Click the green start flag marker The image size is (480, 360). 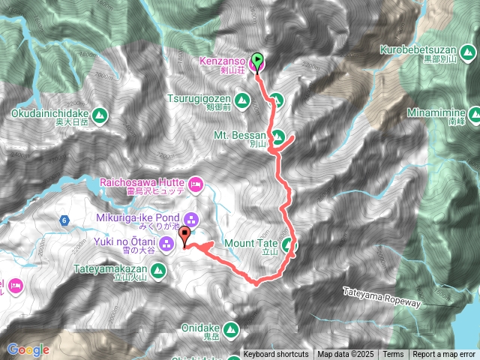(x=257, y=58)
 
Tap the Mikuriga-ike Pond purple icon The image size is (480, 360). (x=191, y=220)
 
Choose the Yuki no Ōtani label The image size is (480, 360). (x=128, y=241)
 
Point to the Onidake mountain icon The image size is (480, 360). (x=231, y=328)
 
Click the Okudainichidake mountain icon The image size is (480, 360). (x=100, y=114)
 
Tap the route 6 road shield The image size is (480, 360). (x=64, y=220)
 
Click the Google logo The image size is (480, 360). (x=28, y=349)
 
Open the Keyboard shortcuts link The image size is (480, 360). (x=275, y=355)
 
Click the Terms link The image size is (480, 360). (x=393, y=355)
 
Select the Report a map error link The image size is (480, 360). (x=444, y=355)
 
